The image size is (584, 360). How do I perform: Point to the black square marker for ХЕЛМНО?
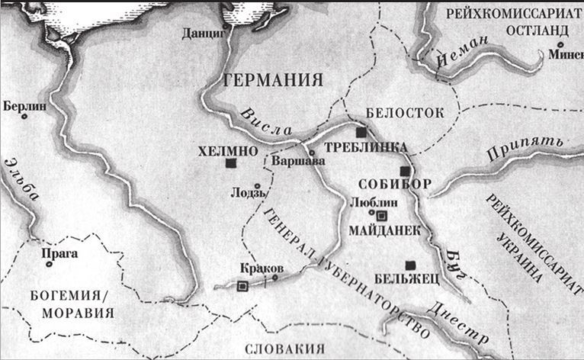click(230, 162)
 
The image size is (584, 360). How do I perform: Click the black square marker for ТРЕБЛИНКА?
click(361, 132)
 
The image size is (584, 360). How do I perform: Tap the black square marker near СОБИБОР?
click(406, 170)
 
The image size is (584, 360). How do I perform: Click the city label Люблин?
click(369, 202)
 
